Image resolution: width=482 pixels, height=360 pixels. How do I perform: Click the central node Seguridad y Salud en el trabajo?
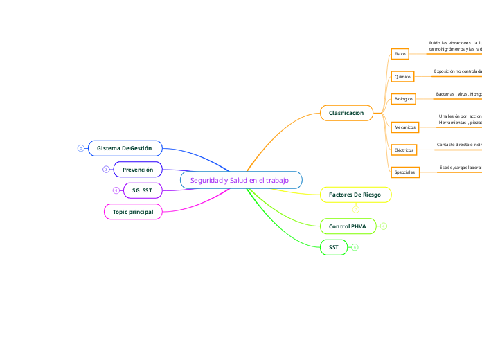click(240, 180)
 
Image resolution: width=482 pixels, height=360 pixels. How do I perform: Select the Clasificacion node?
click(346, 112)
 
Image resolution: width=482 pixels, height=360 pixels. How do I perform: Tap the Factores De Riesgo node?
click(355, 195)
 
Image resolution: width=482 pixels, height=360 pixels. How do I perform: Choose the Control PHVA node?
click(348, 226)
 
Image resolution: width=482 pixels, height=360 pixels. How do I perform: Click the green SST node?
click(334, 247)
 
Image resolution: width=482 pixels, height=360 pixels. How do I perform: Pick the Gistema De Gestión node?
click(125, 148)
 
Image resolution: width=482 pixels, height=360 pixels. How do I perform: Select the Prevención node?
click(137, 169)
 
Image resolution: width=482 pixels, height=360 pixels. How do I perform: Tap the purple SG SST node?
click(142, 190)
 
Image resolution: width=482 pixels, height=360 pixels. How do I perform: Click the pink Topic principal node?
click(133, 210)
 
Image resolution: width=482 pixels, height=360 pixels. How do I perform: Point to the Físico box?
click(400, 54)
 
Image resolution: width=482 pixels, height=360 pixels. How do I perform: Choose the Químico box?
click(402, 76)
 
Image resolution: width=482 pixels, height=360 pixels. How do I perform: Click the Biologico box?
click(403, 99)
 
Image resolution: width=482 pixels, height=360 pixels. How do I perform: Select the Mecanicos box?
click(404, 127)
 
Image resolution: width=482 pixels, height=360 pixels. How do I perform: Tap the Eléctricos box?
click(404, 150)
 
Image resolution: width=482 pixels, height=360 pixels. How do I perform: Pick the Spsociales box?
click(404, 172)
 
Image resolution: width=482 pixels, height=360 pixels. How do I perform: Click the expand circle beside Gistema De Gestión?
click(81, 148)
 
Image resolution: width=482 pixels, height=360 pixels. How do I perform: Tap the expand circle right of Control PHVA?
click(384, 226)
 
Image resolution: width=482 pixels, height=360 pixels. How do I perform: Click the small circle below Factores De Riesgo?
click(356, 208)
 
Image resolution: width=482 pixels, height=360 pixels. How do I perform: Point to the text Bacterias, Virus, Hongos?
click(458, 94)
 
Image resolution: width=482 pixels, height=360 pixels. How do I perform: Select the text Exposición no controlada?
click(457, 71)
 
